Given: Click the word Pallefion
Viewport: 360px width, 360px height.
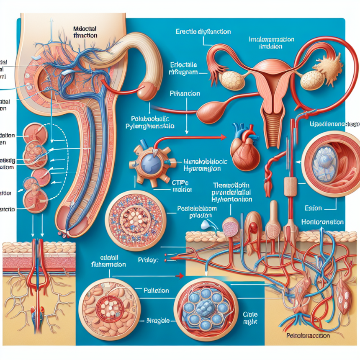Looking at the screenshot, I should coord(155,290).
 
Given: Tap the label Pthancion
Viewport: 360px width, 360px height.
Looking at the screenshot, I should coord(184,94).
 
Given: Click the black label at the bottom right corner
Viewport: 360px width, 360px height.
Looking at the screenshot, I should coord(309,335).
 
